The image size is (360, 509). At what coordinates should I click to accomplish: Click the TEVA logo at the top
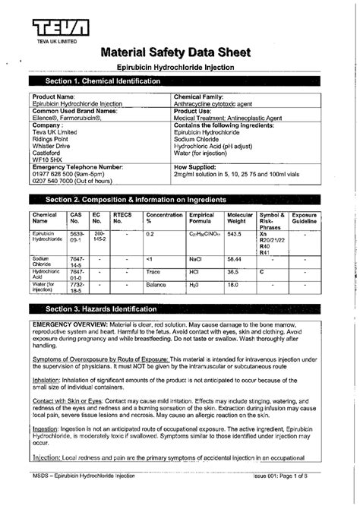(x=57, y=28)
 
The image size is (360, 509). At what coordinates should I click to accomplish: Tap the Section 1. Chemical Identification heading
(x=96, y=81)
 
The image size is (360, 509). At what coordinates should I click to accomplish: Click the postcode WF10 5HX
(x=47, y=160)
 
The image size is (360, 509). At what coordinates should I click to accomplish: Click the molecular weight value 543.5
(x=235, y=234)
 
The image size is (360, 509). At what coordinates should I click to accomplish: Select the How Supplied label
(x=197, y=166)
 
